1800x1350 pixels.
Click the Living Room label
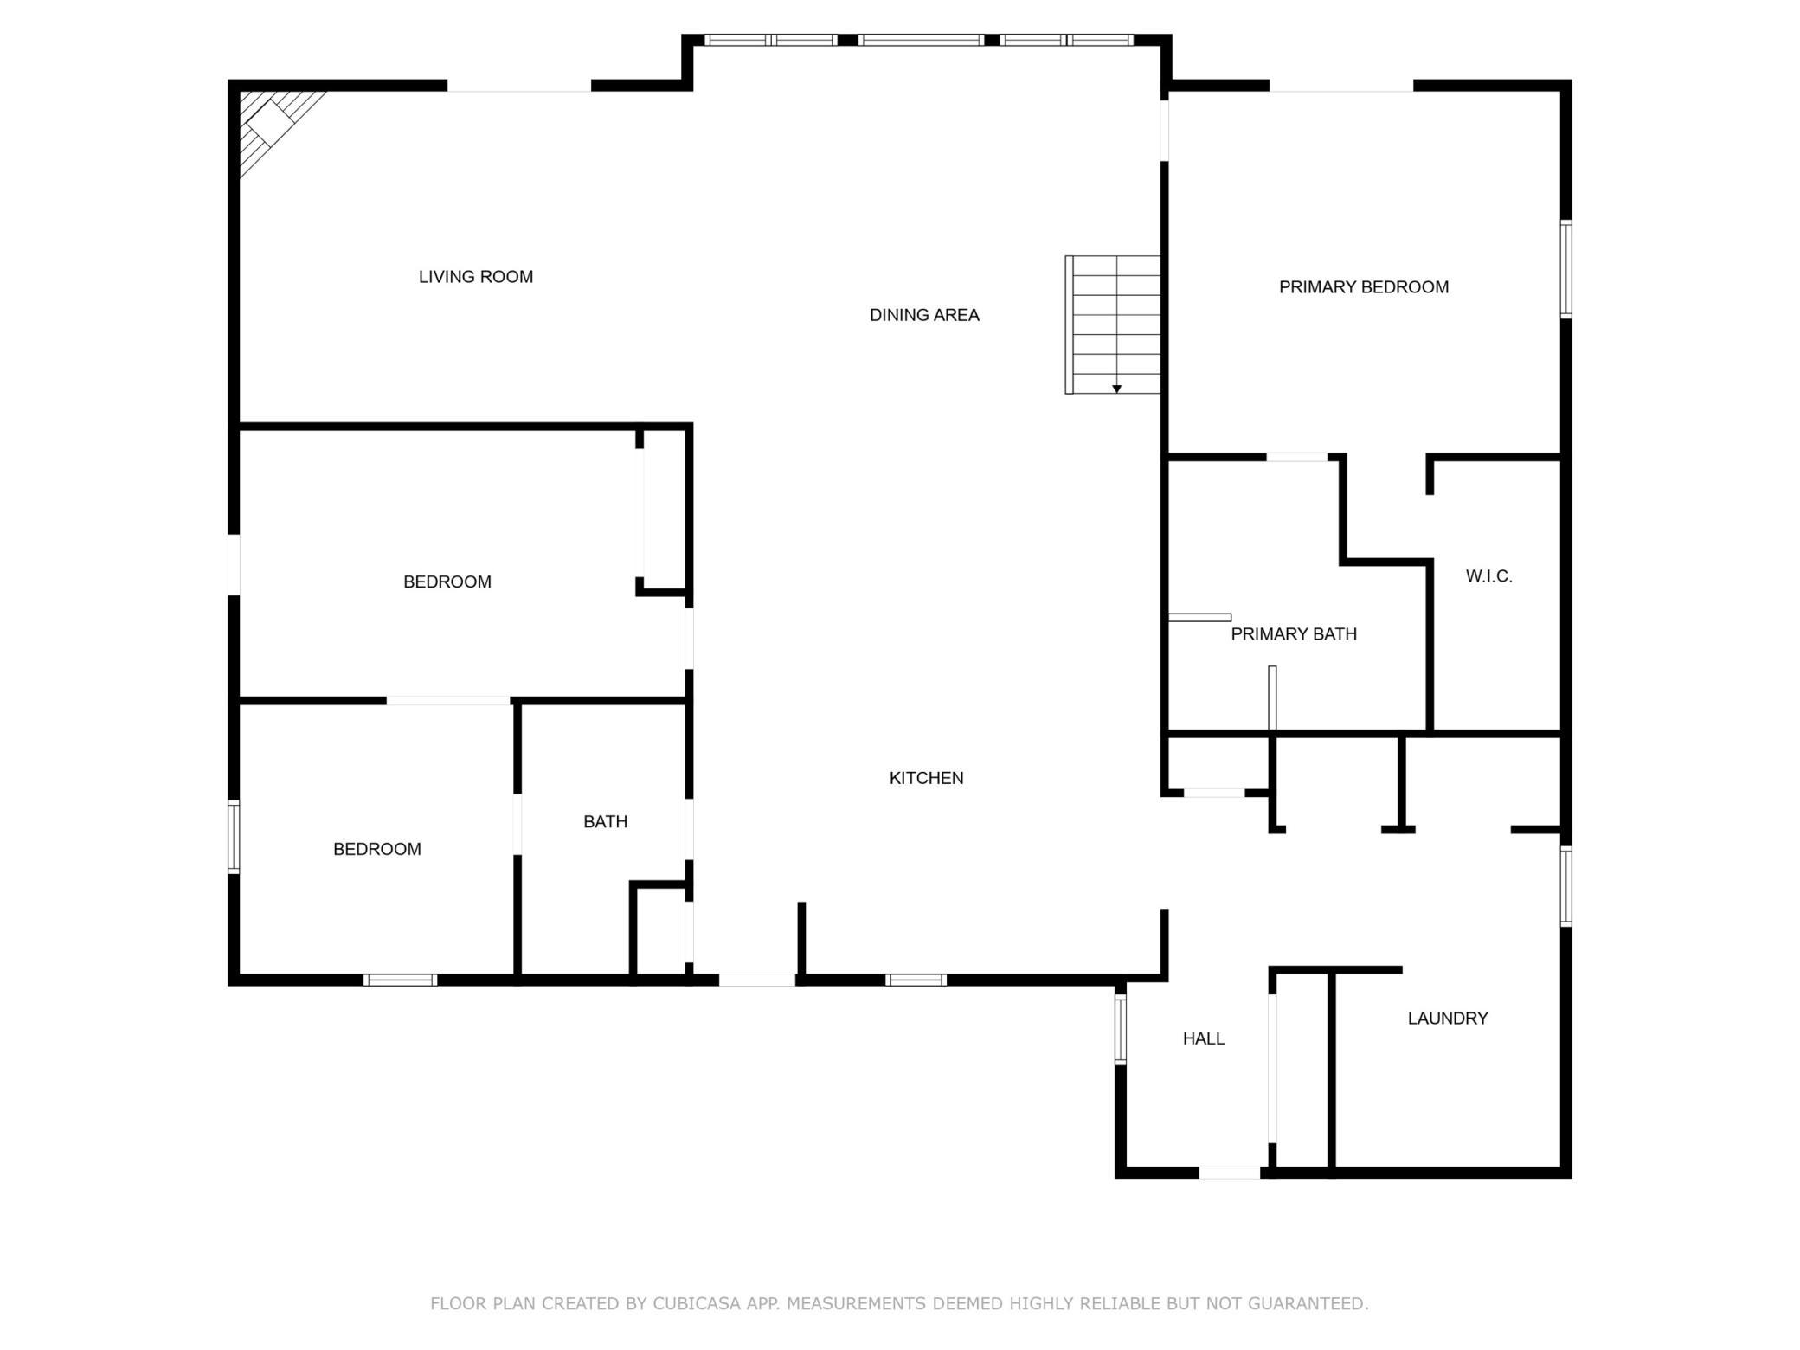476,277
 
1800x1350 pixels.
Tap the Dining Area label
924,315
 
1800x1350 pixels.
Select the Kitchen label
926,778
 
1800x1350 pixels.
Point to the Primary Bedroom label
1364,287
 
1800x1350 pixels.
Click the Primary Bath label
1294,634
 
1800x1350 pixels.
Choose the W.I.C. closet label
1488,576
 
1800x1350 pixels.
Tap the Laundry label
1448,1019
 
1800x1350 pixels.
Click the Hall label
1204,1038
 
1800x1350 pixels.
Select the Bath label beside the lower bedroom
605,822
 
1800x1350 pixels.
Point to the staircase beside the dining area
1113,325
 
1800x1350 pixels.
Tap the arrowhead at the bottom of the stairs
1117,389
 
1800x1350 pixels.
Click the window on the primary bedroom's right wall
1566,269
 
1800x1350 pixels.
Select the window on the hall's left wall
1121,1029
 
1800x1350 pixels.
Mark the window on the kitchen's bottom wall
916,980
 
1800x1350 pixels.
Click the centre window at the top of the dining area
921,40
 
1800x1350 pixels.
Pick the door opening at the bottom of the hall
1230,1173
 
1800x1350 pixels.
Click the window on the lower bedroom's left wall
234,836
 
